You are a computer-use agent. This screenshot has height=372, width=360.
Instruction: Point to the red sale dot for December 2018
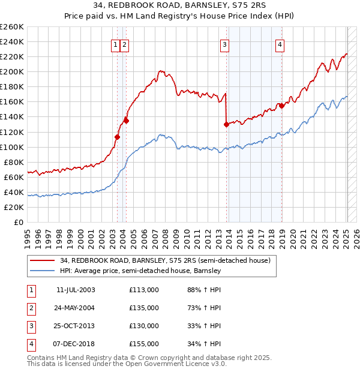click(x=281, y=106)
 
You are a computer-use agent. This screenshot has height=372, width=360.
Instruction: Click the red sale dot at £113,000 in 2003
click(x=117, y=137)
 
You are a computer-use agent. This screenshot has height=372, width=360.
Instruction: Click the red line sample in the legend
click(x=42, y=260)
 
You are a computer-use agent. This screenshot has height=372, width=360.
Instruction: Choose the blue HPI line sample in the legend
click(x=42, y=271)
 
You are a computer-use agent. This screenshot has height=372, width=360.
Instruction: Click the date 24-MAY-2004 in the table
click(x=76, y=308)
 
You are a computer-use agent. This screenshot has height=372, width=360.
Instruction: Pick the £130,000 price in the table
click(x=143, y=326)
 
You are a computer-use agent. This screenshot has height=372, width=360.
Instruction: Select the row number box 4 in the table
click(x=31, y=344)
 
